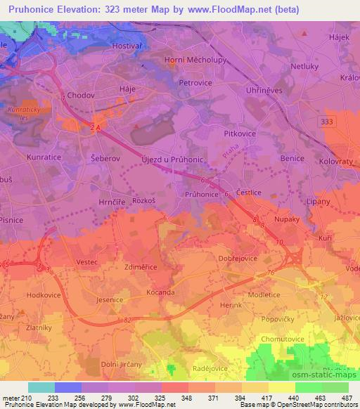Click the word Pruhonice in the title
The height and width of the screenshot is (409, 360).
tap(30, 9)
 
